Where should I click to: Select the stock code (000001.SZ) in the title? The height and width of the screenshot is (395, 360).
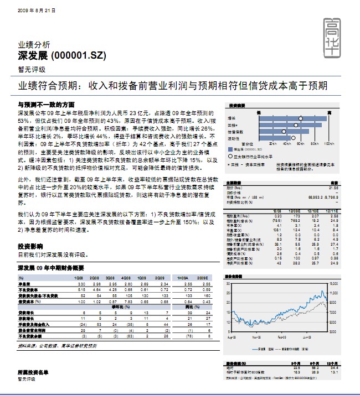pyautogui.click(x=78, y=56)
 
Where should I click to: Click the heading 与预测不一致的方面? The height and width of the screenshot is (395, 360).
pyautogui.click(x=47, y=105)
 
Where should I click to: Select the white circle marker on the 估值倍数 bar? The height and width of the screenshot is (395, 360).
pyautogui.click(x=284, y=131)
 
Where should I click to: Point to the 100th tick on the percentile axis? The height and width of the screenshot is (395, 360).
pyautogui.click(x=328, y=143)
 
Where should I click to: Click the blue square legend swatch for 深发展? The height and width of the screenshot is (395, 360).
pyautogui.click(x=230, y=149)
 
